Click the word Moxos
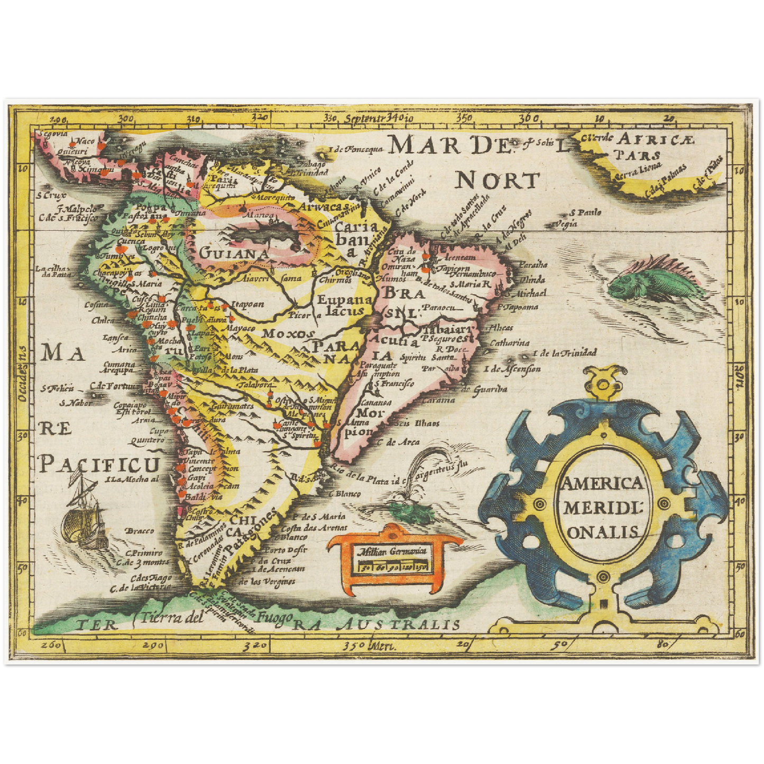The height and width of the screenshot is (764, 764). (289, 334)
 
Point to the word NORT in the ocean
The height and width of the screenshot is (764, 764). (497, 181)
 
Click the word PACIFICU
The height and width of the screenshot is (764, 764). (99, 464)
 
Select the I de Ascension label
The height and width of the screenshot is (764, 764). (512, 369)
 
